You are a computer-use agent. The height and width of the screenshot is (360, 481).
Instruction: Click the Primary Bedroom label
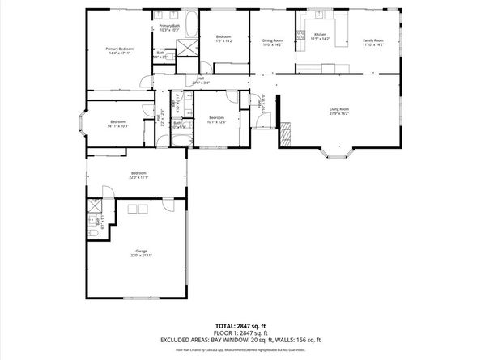point(119,49)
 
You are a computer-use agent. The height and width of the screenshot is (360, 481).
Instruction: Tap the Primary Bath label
point(169,26)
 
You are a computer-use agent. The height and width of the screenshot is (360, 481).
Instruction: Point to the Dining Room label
point(272,40)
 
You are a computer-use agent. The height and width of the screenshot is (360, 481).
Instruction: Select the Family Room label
point(372,40)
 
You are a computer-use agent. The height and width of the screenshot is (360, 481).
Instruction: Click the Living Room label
point(338,108)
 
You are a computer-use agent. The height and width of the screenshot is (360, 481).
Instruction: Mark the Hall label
point(199,80)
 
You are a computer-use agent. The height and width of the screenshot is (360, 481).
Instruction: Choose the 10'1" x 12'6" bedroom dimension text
point(216,122)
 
